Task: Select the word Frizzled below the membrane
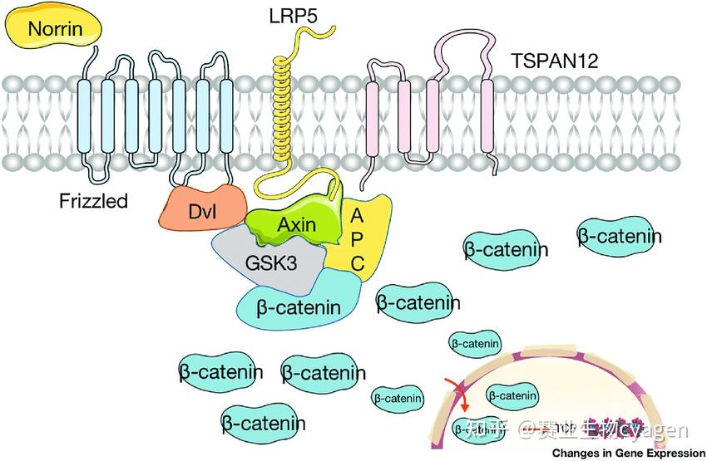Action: coord(93,200)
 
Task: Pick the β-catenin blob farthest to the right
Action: coord(620,237)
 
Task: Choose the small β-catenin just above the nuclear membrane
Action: coord(475,342)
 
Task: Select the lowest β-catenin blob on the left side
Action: coord(263,423)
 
